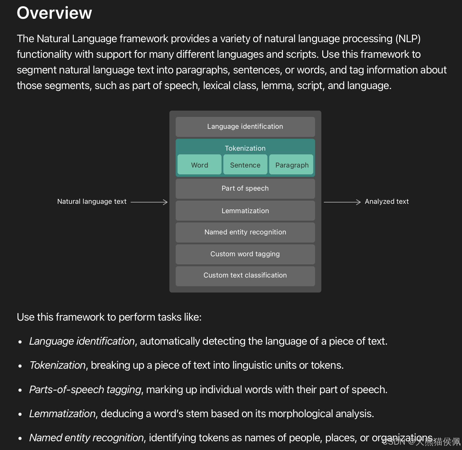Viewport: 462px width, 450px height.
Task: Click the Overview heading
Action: [54, 13]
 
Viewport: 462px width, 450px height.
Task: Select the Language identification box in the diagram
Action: [245, 127]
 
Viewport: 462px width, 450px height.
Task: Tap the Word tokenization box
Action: [199, 165]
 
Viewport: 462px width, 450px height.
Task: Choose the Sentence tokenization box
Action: [245, 165]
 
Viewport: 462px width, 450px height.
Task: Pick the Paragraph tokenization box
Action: [292, 165]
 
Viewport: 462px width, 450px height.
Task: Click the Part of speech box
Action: [245, 188]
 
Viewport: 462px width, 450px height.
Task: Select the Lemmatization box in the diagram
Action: [245, 211]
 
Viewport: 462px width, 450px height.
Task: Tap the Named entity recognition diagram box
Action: [245, 232]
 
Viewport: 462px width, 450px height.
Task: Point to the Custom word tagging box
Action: [245, 254]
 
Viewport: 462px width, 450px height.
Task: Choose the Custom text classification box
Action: [245, 275]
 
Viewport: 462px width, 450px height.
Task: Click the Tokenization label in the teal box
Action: [245, 148]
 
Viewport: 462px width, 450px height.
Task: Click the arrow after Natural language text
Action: [149, 202]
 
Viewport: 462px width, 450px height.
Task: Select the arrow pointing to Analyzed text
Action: [342, 202]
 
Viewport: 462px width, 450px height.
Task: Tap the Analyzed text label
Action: [387, 202]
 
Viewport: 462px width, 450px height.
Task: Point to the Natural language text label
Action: [92, 202]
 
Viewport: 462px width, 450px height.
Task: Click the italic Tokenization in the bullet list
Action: [58, 365]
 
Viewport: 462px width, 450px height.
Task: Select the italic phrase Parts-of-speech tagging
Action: [85, 390]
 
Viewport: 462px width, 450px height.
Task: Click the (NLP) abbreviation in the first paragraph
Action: [408, 39]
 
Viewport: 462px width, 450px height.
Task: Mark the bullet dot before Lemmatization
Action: [20, 414]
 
